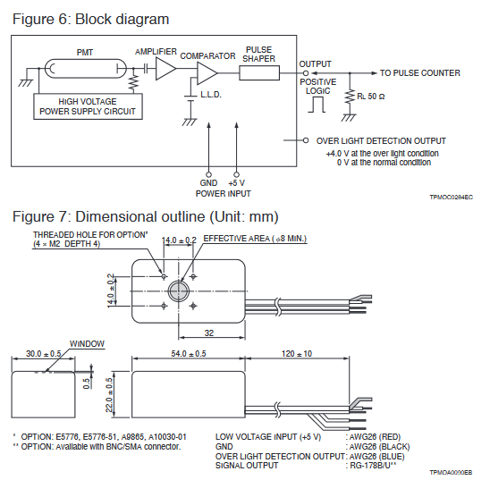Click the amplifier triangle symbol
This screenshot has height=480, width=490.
point(165,69)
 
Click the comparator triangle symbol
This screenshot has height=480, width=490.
point(207,73)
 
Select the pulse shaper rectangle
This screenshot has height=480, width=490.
point(259,72)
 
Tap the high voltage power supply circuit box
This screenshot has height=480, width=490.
point(88,106)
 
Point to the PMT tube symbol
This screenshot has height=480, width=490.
point(85,69)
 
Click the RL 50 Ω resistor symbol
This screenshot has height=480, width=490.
point(350,97)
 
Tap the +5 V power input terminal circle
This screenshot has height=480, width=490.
point(237,174)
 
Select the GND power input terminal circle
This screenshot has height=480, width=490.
point(208,174)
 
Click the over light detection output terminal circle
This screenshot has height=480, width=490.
point(306,140)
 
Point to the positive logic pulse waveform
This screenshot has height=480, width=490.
point(317,105)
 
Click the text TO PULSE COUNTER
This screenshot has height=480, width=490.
point(420,73)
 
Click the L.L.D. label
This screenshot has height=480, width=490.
point(211,95)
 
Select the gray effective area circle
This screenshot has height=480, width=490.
point(179,291)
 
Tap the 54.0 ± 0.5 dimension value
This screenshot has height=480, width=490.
point(189,354)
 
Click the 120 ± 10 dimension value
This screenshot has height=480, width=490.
point(297,354)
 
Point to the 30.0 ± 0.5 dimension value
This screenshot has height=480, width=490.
point(44,354)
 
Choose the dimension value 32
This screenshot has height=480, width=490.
point(209,333)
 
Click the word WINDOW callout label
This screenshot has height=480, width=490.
point(87,344)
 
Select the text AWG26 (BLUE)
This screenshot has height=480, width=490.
point(376,457)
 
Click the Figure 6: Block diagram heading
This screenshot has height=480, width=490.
point(91,20)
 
